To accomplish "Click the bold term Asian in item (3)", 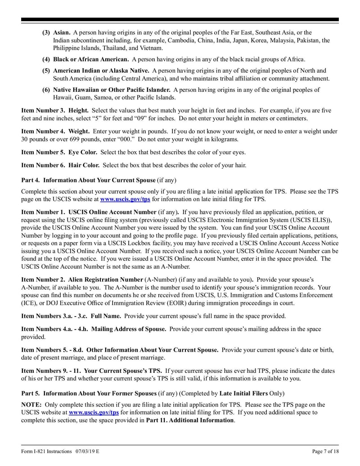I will (x=62, y=33).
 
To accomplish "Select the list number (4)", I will (x=46, y=59).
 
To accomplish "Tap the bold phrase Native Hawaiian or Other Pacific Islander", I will (x=112, y=90).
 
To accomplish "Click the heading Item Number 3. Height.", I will (x=55, y=110).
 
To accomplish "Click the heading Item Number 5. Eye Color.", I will (x=59, y=152).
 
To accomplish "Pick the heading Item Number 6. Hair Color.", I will (x=60, y=165).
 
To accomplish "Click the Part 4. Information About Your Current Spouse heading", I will (x=89, y=180).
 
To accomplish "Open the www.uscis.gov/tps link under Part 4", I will (x=125, y=199).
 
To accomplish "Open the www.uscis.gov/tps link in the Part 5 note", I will (x=94, y=412).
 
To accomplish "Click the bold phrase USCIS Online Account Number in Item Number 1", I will (x=112, y=212).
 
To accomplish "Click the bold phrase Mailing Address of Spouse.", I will (x=128, y=329).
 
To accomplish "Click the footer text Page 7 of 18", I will (x=325, y=452).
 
